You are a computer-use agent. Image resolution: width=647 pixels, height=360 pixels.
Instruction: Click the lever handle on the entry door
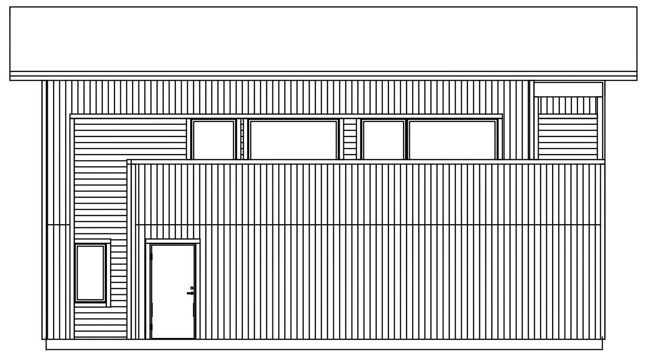point(190,293)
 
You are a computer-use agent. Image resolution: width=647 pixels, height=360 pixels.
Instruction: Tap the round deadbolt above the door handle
point(192,288)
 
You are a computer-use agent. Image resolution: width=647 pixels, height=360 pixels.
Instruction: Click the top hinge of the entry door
point(151,257)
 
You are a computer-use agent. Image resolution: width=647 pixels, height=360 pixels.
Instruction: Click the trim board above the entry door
point(173,241)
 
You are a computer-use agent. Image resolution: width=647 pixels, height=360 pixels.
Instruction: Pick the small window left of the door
point(91,272)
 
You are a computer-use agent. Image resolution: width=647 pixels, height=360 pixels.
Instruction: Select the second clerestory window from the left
point(293,140)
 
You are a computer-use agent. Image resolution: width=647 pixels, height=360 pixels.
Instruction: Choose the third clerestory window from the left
point(383,140)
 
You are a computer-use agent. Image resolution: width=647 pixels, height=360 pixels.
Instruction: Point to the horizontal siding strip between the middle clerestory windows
point(350,140)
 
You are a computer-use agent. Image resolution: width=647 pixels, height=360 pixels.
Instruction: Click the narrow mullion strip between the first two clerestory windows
point(242,140)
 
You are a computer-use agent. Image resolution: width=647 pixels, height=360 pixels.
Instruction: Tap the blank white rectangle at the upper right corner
point(568,89)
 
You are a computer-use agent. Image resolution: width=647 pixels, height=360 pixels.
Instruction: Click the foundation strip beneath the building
point(323,344)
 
